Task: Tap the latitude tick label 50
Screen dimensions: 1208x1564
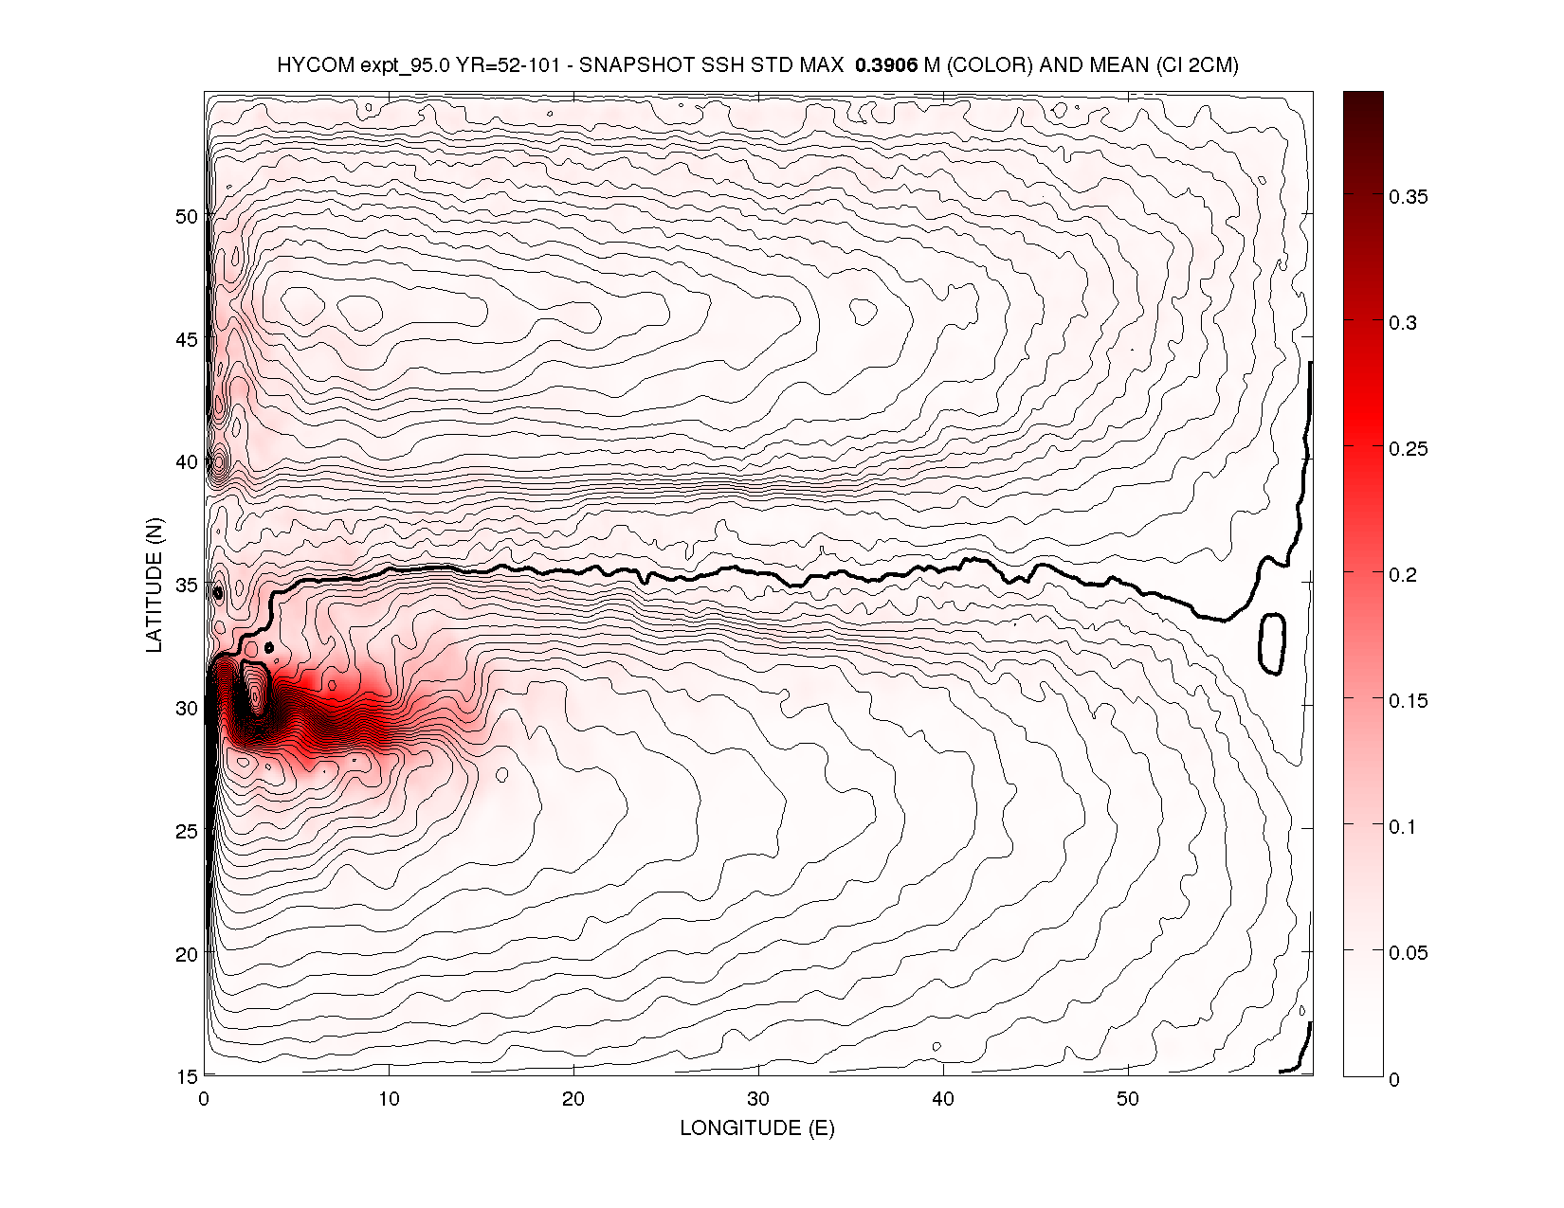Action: (x=187, y=216)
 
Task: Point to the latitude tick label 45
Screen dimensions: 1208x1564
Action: (x=187, y=339)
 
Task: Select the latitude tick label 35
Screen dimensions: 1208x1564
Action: (x=187, y=585)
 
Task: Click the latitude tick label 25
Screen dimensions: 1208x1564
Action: (x=187, y=831)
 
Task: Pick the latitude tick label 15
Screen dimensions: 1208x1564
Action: (x=187, y=1076)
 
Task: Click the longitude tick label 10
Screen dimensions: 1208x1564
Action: (x=389, y=1099)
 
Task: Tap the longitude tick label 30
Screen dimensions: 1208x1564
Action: (x=758, y=1099)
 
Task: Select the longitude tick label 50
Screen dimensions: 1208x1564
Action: (x=1128, y=1099)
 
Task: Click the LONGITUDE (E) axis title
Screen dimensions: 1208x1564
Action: (x=757, y=1127)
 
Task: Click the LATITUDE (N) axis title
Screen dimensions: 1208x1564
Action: (x=155, y=585)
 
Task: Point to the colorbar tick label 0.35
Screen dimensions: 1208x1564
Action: (x=1409, y=197)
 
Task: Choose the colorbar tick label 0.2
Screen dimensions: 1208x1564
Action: (x=1404, y=575)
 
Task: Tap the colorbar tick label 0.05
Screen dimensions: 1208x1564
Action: (x=1409, y=953)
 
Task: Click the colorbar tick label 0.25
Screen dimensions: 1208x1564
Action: (x=1409, y=449)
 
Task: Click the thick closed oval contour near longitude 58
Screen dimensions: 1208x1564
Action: (x=1271, y=644)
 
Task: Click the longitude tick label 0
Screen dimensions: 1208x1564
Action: (x=204, y=1099)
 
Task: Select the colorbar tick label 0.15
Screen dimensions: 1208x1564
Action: (x=1409, y=701)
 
